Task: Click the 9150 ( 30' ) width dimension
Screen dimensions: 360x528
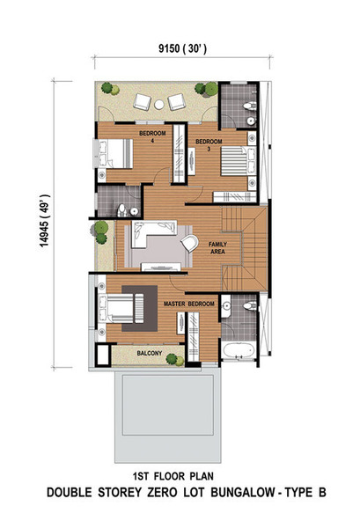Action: point(182,48)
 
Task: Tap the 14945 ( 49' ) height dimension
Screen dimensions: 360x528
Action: point(45,221)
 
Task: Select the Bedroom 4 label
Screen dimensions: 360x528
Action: point(152,136)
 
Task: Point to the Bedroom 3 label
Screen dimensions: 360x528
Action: point(209,145)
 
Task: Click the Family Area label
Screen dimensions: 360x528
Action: point(217,248)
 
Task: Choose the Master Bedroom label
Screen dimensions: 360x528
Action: point(189,304)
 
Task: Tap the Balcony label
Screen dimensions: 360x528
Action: point(149,353)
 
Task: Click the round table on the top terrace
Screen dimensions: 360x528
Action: point(159,105)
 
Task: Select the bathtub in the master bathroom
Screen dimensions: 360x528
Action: point(238,350)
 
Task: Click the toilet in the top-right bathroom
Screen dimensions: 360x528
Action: point(249,106)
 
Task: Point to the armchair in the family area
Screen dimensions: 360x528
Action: point(190,243)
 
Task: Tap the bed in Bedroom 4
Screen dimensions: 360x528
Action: point(114,153)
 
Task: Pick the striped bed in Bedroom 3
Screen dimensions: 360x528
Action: point(238,161)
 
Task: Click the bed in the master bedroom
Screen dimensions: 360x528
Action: point(121,309)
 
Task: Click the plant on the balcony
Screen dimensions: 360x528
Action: point(175,359)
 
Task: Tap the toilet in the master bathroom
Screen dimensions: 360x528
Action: point(250,305)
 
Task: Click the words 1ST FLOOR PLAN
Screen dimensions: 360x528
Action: point(173,476)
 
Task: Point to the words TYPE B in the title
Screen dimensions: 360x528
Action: point(305,492)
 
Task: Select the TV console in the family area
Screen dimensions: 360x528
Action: point(160,268)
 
